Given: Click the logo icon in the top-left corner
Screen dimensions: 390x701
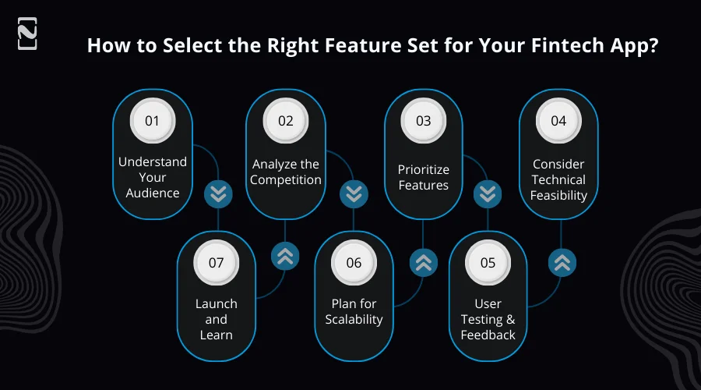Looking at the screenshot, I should pos(27,36).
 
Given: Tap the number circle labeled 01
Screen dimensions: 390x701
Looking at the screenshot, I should pos(152,121).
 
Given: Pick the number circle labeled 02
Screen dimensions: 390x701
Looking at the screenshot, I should pos(285,121).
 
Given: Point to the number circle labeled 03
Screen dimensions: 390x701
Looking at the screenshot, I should pos(423,121).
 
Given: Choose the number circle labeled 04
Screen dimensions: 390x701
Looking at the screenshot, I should pos(558,121).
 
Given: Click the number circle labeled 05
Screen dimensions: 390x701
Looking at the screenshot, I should pos(488,262).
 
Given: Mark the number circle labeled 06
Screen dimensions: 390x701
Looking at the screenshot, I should pos(354,262).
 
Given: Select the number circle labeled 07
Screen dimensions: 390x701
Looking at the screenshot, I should pos(216,262).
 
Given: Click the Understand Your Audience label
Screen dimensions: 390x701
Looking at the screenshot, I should pos(153,177).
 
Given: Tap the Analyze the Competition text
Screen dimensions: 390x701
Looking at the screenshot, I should pos(286,172).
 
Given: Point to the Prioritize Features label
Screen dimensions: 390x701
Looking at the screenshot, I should pos(423,177).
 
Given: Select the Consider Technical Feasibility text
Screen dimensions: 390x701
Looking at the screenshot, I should pos(558,179).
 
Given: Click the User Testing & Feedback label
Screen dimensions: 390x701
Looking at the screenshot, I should pos(488,319).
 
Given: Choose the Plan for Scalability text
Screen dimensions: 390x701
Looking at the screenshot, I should pos(354,311).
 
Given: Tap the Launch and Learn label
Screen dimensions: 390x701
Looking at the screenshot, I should pos(216,319).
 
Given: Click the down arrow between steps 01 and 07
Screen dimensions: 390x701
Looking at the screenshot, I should pos(218,194).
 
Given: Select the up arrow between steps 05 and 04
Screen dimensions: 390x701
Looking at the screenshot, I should pos(561,263).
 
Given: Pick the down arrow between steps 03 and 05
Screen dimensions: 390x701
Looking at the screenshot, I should pos(488,194).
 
